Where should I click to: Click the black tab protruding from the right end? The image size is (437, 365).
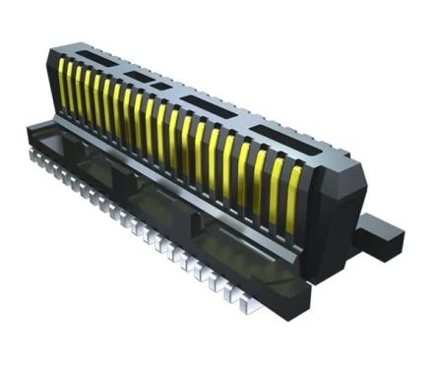click(x=383, y=233)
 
